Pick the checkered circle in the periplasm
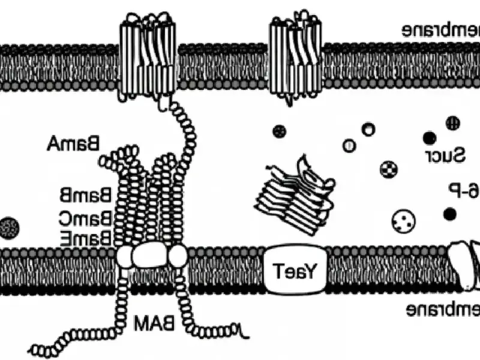[389, 169]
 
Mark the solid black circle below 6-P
[449, 213]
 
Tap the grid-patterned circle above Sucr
[452, 124]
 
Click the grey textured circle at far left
[9, 226]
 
